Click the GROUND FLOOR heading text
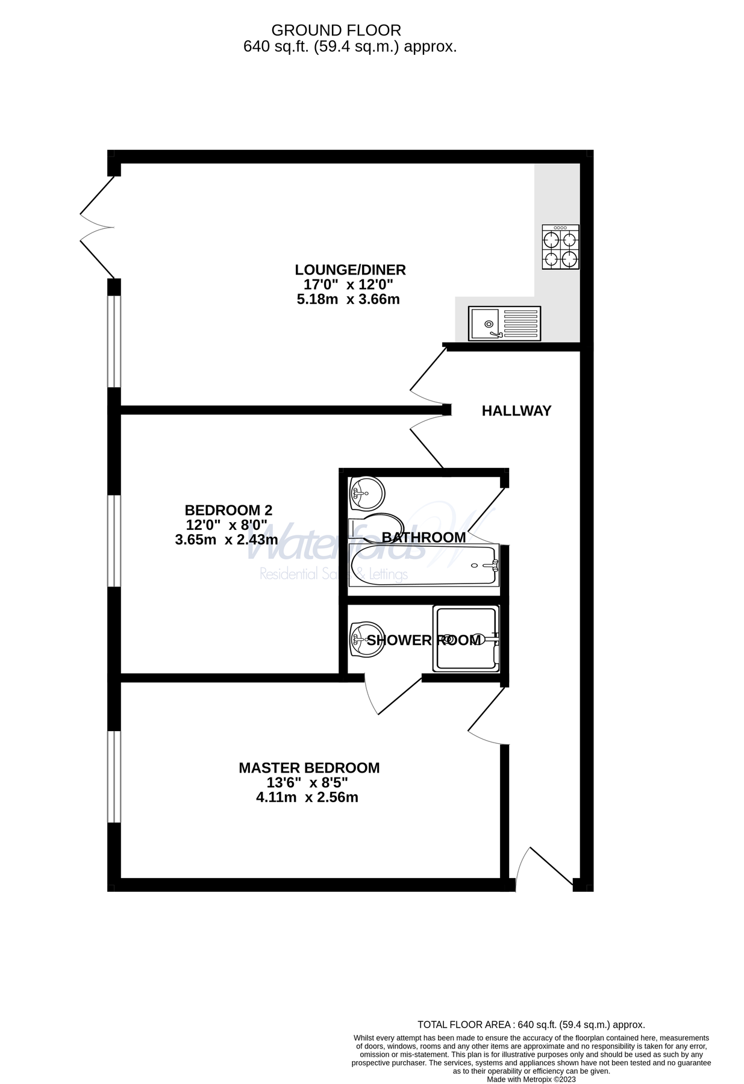pyautogui.click(x=336, y=30)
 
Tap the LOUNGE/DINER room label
pyautogui.click(x=350, y=270)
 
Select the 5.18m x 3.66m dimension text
pyautogui.click(x=348, y=299)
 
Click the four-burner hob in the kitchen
pyautogui.click(x=560, y=247)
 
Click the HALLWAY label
pyautogui.click(x=516, y=411)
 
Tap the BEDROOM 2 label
pyautogui.click(x=228, y=510)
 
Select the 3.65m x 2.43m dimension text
pyautogui.click(x=227, y=540)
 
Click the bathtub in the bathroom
pyautogui.click(x=424, y=565)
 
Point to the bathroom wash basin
pyautogui.click(x=366, y=493)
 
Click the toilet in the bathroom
pyautogui.click(x=377, y=526)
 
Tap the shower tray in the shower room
pyautogui.click(x=466, y=638)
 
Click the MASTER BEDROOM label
pyautogui.click(x=309, y=768)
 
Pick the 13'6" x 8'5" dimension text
pyautogui.click(x=307, y=783)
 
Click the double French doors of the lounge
pyautogui.click(x=96, y=228)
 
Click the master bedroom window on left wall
pyautogui.click(x=114, y=776)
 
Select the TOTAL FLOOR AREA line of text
pyautogui.click(x=531, y=1024)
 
